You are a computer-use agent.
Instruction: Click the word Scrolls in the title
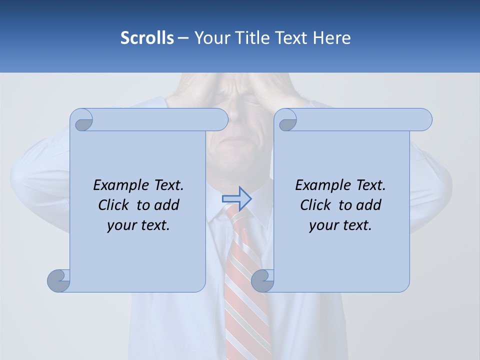(147, 38)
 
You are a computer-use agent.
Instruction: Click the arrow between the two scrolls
(236, 198)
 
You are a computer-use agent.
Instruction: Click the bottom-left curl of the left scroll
(58, 281)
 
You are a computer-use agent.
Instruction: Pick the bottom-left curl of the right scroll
(262, 281)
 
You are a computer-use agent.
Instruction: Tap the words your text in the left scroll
(138, 225)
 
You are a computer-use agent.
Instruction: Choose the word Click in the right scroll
(315, 205)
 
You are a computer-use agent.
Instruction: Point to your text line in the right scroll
(340, 225)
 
